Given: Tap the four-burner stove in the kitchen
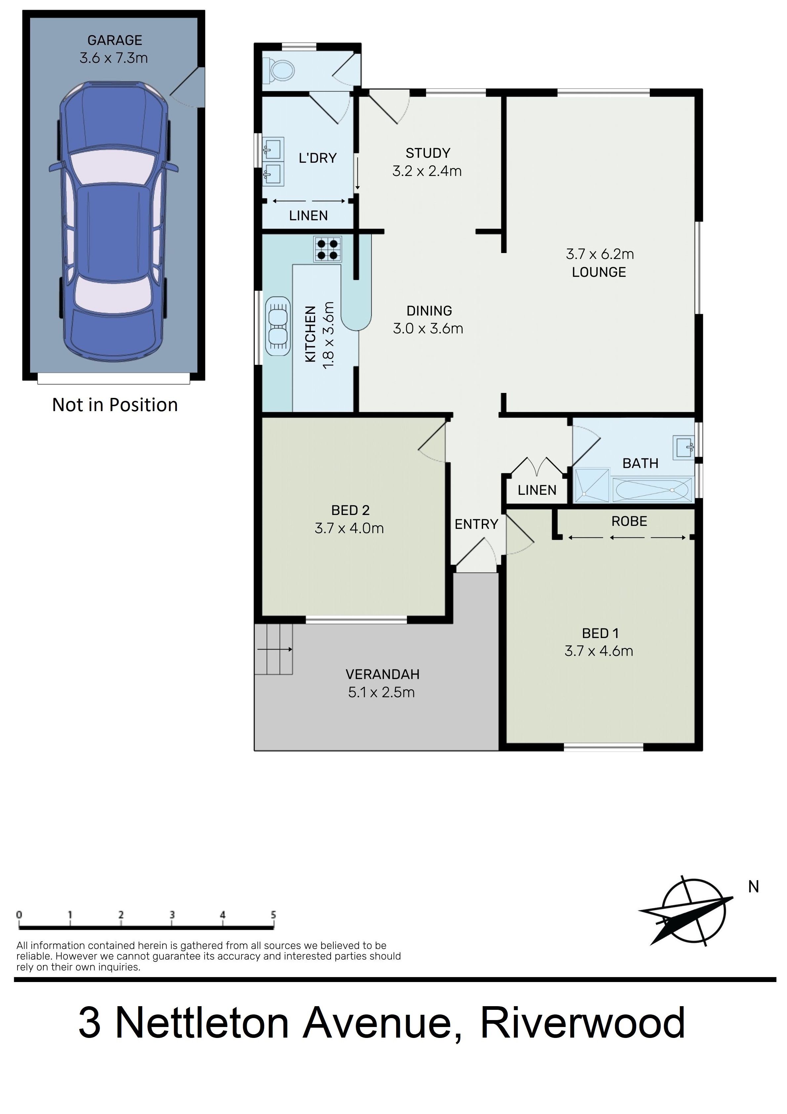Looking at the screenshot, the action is pos(327,249).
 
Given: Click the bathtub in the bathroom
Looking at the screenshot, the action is pos(652,490).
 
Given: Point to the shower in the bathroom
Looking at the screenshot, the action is pos(592,485).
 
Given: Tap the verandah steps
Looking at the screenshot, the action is pos(274,649).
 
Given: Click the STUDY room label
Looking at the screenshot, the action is pos(428,153).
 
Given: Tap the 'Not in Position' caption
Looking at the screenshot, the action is pos(115,405).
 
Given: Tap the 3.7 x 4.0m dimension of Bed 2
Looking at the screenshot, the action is pos(349,528).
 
